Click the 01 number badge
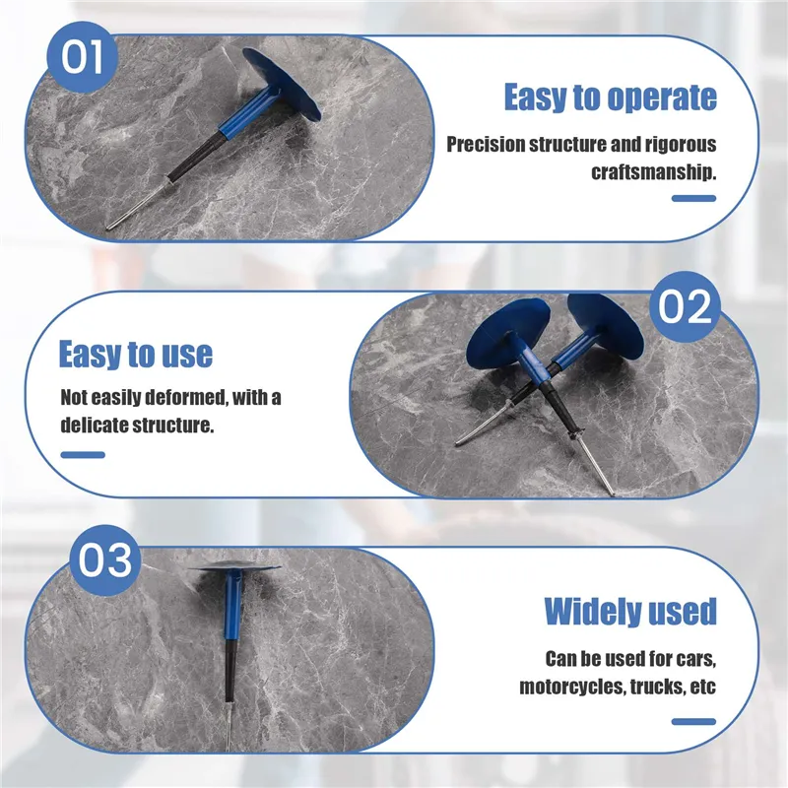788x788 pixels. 82,57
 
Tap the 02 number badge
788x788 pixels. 685,306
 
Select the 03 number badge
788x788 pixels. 105,559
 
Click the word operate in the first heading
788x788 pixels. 662,98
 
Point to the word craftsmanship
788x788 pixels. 653,172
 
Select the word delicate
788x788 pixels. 94,426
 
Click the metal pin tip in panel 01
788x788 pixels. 109,229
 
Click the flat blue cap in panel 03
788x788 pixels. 234,567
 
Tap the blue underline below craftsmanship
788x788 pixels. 693,199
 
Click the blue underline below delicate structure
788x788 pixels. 83,455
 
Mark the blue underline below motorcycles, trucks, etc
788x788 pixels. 693,722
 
